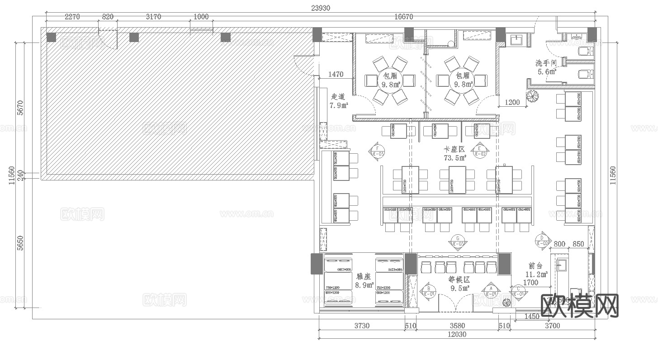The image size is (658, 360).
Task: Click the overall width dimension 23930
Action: point(320,8)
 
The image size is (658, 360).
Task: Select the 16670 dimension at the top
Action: point(403,17)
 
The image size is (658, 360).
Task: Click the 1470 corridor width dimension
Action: point(336,74)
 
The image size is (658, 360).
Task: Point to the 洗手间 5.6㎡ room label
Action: point(546,67)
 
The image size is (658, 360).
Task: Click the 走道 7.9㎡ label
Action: point(338,101)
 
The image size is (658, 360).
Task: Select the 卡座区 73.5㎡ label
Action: point(455,153)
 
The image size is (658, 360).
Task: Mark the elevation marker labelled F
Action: point(378,150)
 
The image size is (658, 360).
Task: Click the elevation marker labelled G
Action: point(458,241)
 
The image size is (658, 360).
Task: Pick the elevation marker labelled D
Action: point(542,240)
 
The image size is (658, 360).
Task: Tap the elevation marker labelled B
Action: point(429,291)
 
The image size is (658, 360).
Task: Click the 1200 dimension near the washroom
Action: point(512,102)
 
